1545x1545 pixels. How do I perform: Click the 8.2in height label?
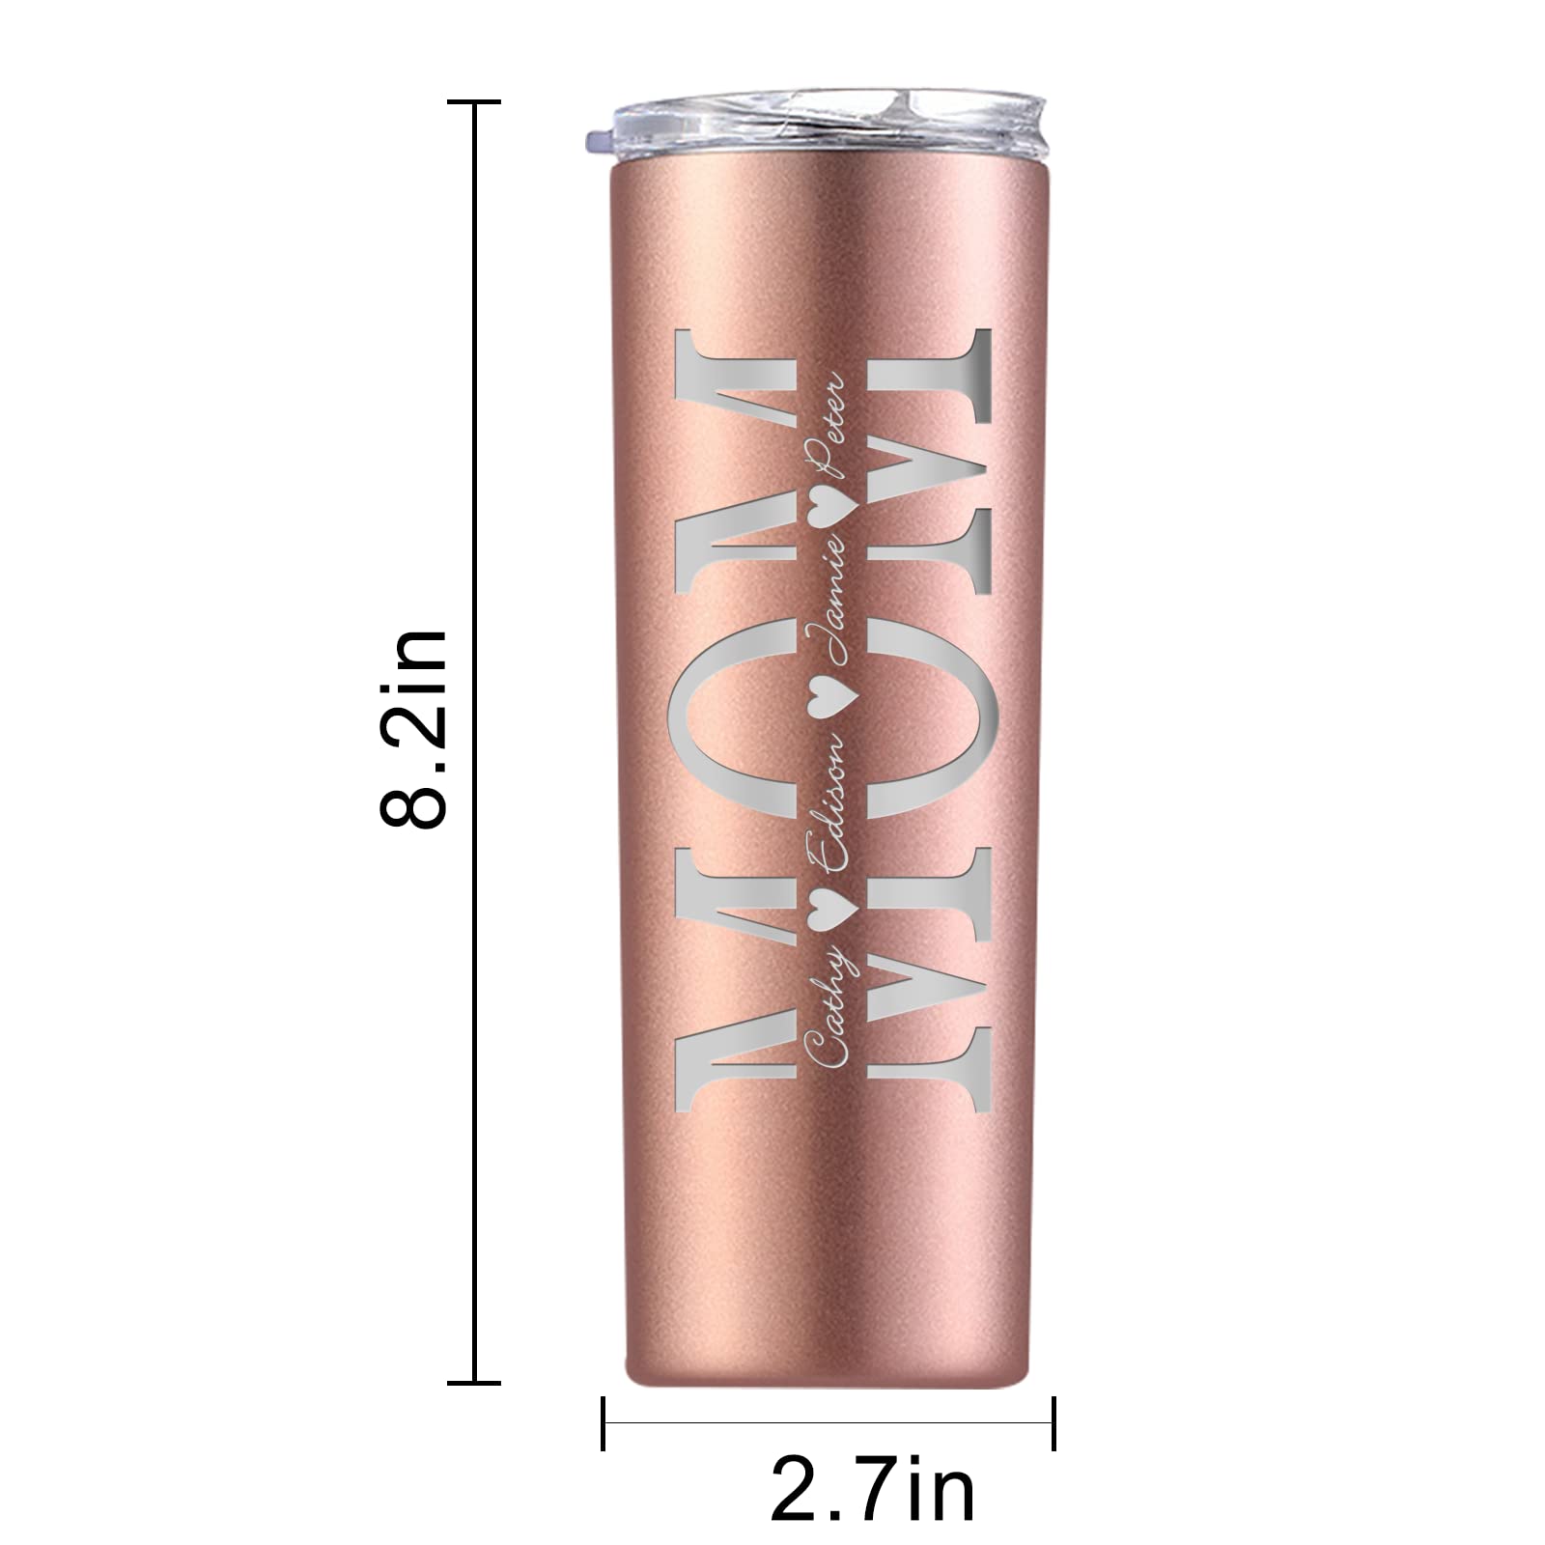(413, 727)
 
